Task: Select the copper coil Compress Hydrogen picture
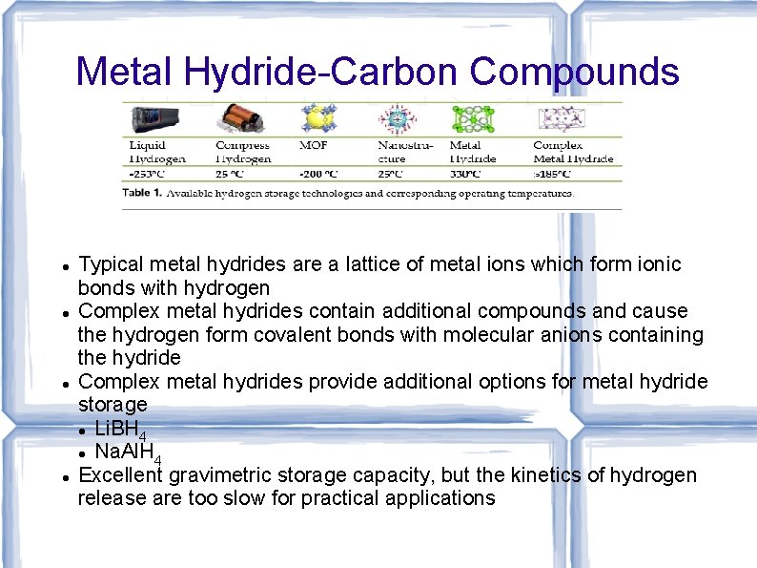239,118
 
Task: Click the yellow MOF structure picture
316,118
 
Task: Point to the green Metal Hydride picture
472,118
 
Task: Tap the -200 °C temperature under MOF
318,174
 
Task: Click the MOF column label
313,145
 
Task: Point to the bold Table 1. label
141,192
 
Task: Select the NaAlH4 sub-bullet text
128,452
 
